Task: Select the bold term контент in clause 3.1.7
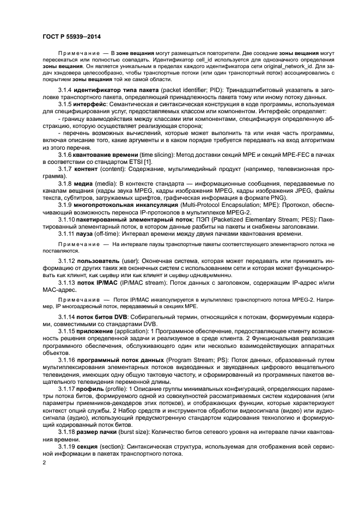click(86, 170)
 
